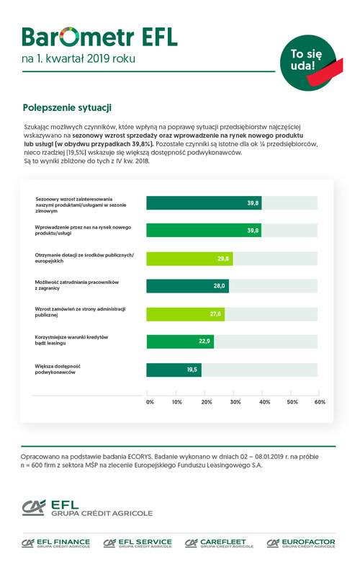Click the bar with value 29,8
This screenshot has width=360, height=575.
189,259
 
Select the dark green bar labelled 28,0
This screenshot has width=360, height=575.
188,286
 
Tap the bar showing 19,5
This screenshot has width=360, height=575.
174,370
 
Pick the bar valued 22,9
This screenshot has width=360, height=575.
180,342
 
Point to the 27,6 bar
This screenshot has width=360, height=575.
186,314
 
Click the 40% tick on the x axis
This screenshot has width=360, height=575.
265,402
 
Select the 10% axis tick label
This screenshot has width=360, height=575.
177,402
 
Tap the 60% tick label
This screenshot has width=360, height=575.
320,402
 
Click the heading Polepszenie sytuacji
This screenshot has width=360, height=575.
67,108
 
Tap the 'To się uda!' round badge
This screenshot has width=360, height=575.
309,63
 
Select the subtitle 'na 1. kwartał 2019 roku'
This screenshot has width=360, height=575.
78,58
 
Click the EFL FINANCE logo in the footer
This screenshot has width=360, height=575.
55,543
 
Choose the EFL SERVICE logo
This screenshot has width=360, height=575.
138,543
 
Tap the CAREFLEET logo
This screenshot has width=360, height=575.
219,543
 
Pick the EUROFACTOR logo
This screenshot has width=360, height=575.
301,543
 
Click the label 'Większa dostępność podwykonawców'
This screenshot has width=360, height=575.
58,369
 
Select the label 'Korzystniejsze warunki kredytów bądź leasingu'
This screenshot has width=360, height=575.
71,340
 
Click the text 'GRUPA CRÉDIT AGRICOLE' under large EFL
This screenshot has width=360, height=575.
102,513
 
